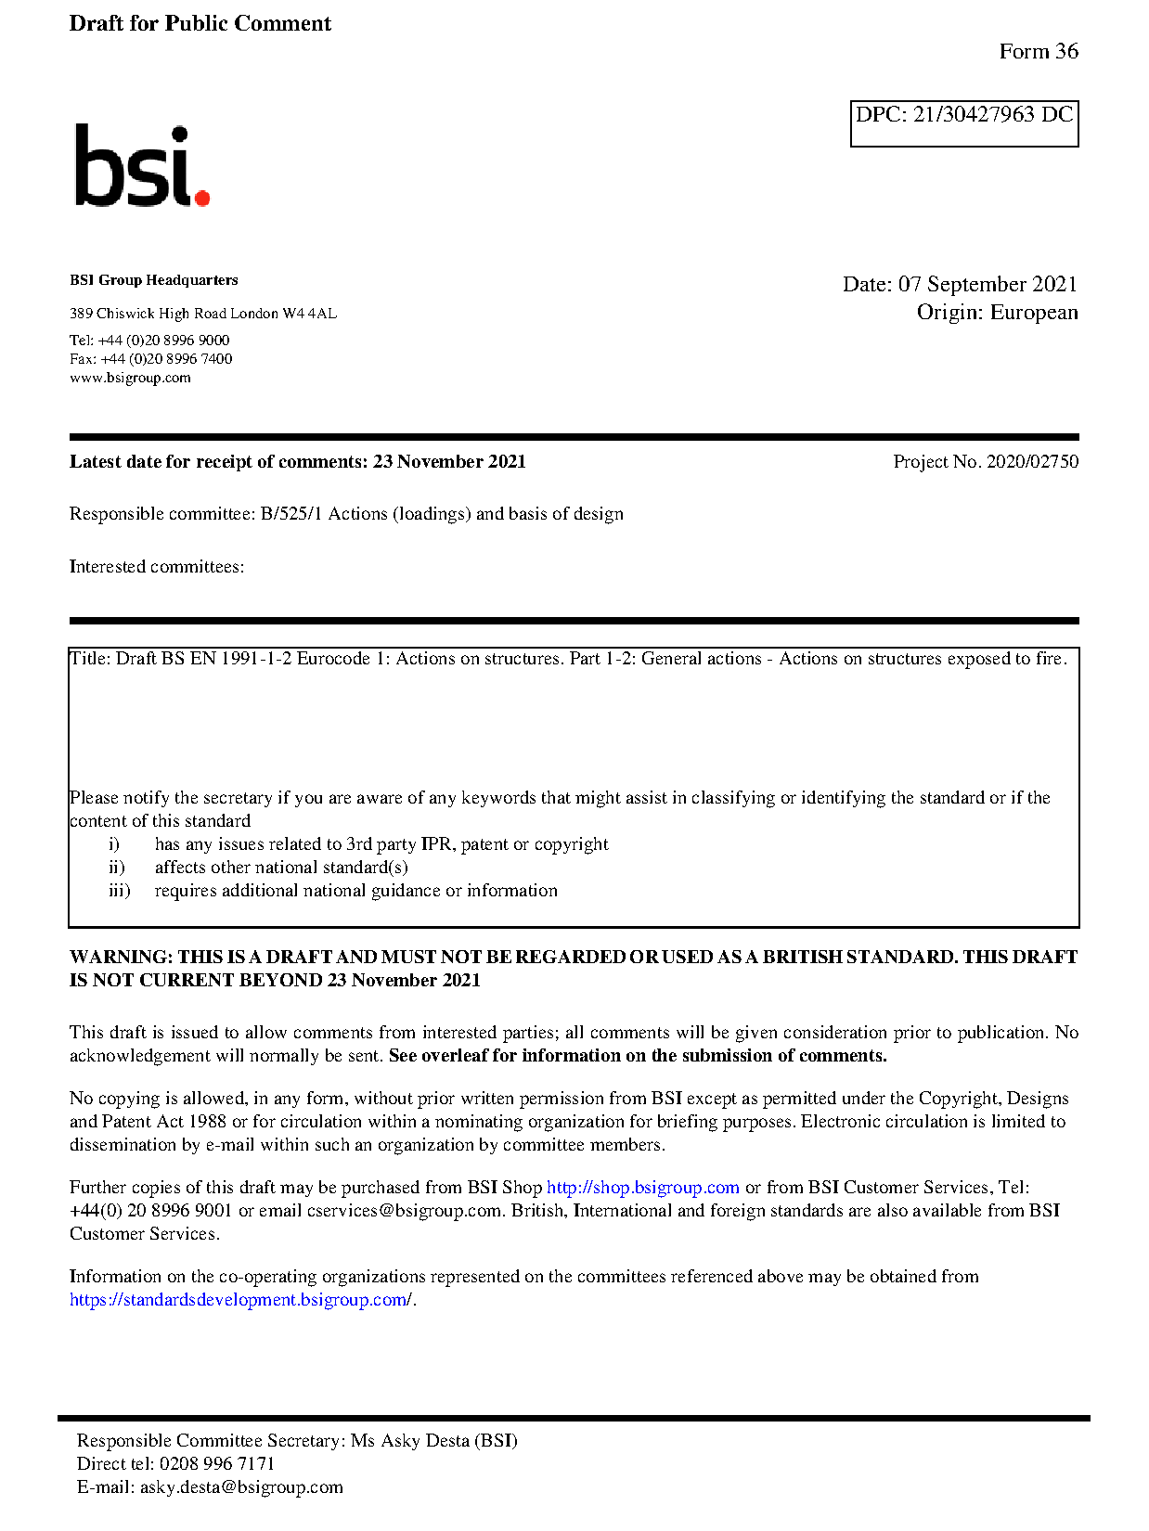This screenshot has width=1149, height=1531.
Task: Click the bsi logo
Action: point(141,166)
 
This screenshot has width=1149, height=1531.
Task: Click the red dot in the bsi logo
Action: point(202,197)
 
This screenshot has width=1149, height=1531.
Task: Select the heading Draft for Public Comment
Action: point(200,23)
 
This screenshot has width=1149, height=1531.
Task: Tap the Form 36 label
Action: point(1038,51)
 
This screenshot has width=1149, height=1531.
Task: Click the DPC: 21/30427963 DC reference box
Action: point(963,122)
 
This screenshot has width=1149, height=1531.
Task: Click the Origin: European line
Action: point(997,312)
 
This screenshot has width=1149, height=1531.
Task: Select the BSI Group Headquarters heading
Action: point(153,280)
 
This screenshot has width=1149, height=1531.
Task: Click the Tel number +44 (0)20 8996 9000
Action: point(163,341)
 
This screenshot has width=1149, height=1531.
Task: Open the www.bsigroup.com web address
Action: point(130,378)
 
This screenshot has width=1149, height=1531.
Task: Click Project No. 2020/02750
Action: point(986,461)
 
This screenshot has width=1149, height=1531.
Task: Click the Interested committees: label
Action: point(157,567)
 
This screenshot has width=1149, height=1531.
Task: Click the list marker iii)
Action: point(119,891)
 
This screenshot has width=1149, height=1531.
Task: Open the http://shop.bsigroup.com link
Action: point(642,1188)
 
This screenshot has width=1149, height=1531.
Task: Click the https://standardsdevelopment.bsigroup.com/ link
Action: point(240,1300)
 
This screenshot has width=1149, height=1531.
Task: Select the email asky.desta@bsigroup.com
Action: point(241,1487)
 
